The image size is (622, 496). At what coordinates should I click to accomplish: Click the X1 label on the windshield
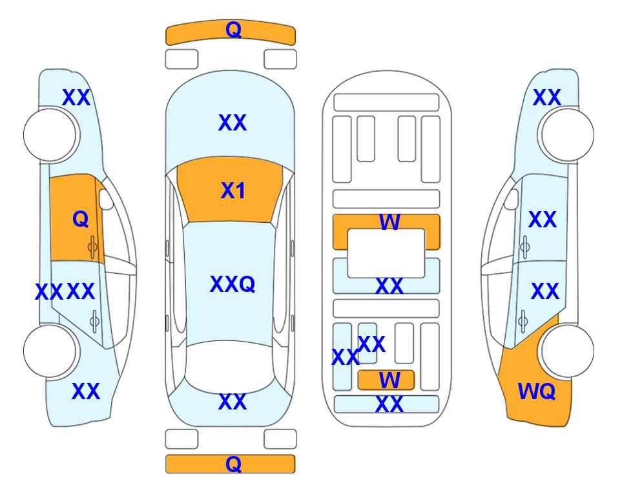[233, 191]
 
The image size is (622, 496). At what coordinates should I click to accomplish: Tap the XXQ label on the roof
[233, 284]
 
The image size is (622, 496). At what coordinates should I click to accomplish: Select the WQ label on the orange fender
[537, 391]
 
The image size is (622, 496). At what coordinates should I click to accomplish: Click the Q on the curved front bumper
[233, 29]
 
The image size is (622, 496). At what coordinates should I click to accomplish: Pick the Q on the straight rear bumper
[233, 464]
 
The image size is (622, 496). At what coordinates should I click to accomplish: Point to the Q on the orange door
[81, 219]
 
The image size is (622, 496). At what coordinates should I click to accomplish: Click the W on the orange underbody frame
[389, 222]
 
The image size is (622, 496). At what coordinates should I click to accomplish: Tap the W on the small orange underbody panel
[389, 380]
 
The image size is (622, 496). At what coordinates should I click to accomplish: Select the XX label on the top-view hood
[233, 123]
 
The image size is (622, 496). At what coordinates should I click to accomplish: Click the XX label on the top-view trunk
[233, 402]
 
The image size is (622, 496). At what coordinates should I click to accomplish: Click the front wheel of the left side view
[50, 136]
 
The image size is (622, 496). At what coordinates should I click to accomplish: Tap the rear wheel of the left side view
[50, 351]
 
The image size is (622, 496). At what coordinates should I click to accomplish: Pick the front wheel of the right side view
[567, 136]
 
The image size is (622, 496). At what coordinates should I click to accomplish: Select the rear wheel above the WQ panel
[567, 351]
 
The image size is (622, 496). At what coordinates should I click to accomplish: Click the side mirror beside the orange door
[106, 199]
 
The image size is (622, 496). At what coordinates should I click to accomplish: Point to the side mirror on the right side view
[512, 199]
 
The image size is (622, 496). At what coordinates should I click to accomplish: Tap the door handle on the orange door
[92, 247]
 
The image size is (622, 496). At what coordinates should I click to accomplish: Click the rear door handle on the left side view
[95, 321]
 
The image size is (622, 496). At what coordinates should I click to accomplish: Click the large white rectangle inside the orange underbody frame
[386, 253]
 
